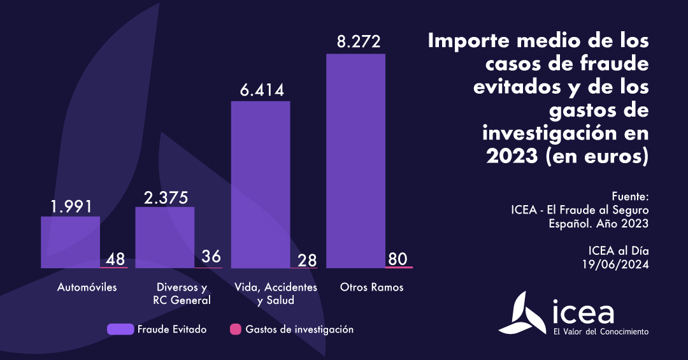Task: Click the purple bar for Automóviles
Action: [x=70, y=242]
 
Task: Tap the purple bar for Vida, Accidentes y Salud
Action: [x=261, y=184]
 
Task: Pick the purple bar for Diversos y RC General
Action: [x=165, y=237]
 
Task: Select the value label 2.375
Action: [x=166, y=198]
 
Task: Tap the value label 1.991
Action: [x=71, y=206]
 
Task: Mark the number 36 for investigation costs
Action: [x=211, y=257]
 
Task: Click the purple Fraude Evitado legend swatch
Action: [x=120, y=329]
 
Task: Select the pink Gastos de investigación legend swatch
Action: [x=235, y=329]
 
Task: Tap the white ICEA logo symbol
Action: [x=520, y=313]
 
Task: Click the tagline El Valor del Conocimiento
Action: [x=601, y=331]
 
